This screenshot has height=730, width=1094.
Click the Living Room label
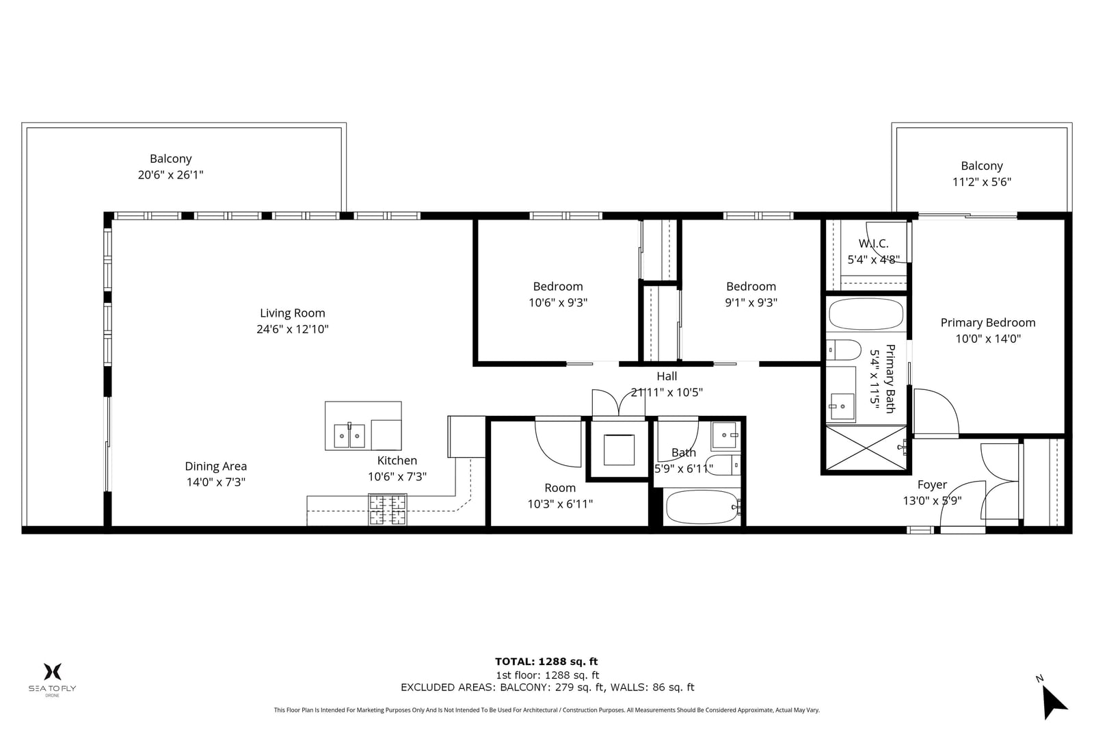click(292, 313)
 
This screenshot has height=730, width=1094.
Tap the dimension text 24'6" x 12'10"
click(292, 329)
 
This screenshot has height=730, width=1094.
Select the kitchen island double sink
click(349, 436)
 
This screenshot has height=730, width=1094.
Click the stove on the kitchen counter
click(388, 510)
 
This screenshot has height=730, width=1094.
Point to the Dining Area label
click(215, 467)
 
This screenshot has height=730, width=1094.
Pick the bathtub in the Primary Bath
click(866, 314)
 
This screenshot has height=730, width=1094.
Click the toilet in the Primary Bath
click(844, 350)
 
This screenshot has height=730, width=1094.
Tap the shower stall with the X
click(866, 449)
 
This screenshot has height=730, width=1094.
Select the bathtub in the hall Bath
click(702, 507)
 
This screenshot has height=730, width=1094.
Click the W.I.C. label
click(873, 244)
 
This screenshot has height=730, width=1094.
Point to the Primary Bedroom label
click(987, 323)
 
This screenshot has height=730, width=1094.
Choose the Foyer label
click(932, 484)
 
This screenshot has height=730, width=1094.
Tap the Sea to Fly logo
click(52, 679)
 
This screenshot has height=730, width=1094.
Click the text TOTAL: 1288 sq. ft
click(546, 662)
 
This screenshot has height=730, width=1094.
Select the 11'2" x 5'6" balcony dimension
click(982, 182)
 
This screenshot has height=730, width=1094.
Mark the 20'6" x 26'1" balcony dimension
click(170, 175)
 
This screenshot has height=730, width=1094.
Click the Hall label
click(667, 376)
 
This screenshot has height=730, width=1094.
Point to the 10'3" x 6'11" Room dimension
click(560, 504)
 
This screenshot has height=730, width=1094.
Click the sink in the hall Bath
click(725, 435)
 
